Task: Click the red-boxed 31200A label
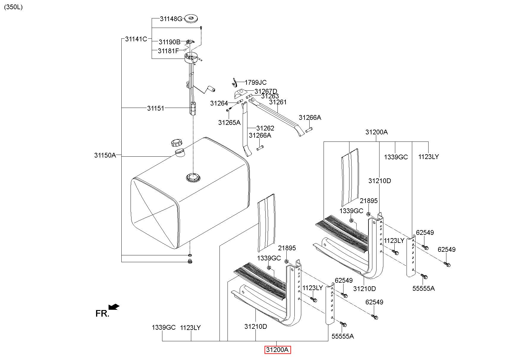click(x=277, y=350)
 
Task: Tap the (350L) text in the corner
click(x=13, y=7)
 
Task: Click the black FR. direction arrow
click(x=114, y=306)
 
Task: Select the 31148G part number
click(x=171, y=19)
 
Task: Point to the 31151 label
click(x=156, y=108)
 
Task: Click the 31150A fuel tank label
click(x=105, y=155)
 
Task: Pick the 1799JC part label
click(x=255, y=82)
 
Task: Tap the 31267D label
click(x=266, y=91)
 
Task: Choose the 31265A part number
click(x=229, y=122)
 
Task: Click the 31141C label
click(x=136, y=39)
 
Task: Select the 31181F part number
click(x=168, y=51)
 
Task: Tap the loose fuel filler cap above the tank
click(x=177, y=143)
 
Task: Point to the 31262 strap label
click(x=265, y=128)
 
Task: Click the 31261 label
click(x=278, y=102)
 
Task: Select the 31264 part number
click(x=219, y=103)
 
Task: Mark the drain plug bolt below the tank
click(x=190, y=262)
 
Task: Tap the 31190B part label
click(x=169, y=42)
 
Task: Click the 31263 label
click(x=270, y=96)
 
